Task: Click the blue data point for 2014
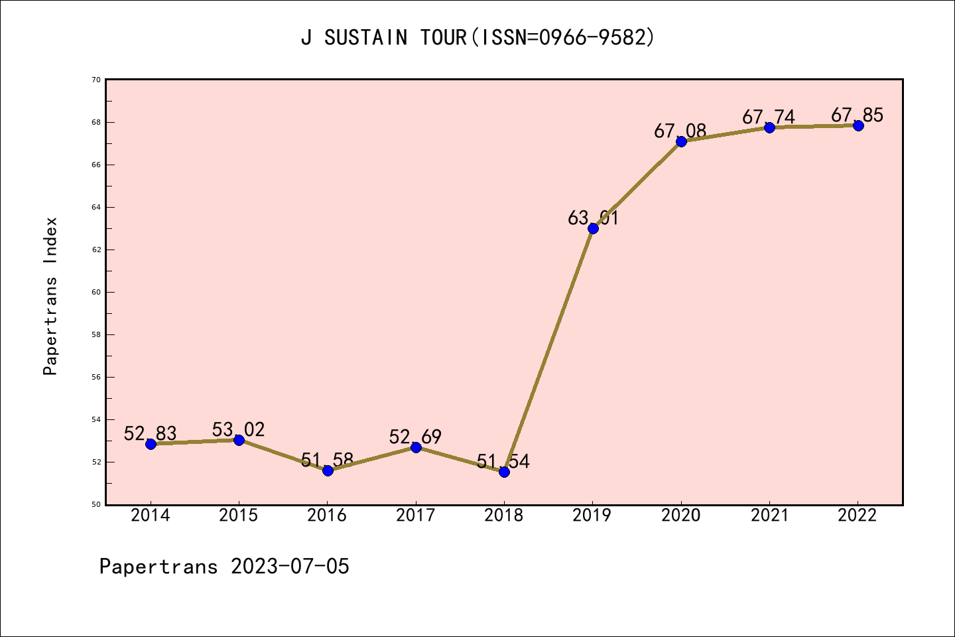(151, 444)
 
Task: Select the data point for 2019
(593, 228)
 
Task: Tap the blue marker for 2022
(858, 125)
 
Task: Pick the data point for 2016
(328, 470)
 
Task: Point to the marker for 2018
(504, 472)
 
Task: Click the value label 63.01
(593, 218)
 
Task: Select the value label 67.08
(680, 131)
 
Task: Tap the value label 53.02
(239, 429)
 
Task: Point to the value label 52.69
(415, 437)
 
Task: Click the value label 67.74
(769, 117)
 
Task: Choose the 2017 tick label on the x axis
(415, 516)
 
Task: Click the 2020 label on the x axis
(680, 516)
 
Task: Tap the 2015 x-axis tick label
(239, 516)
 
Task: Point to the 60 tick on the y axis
(96, 292)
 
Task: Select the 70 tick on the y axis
(96, 80)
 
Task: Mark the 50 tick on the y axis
(96, 504)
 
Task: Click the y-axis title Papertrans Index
(50, 296)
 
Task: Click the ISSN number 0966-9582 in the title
(592, 38)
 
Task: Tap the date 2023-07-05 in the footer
(290, 567)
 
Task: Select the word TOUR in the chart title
(444, 38)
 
